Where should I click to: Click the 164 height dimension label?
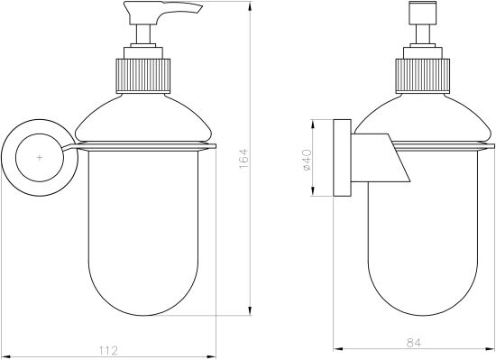[x=243, y=160]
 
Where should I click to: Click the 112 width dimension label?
[x=108, y=350]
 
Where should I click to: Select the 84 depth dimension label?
[x=414, y=343]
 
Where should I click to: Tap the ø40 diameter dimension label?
[x=308, y=160]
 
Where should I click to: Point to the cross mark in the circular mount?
[x=40, y=157]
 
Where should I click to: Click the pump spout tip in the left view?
[x=200, y=9]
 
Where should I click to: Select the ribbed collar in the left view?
[x=143, y=76]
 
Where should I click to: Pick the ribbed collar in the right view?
[x=423, y=76]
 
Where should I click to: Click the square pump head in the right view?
[x=423, y=13]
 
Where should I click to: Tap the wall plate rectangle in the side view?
[x=343, y=158]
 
